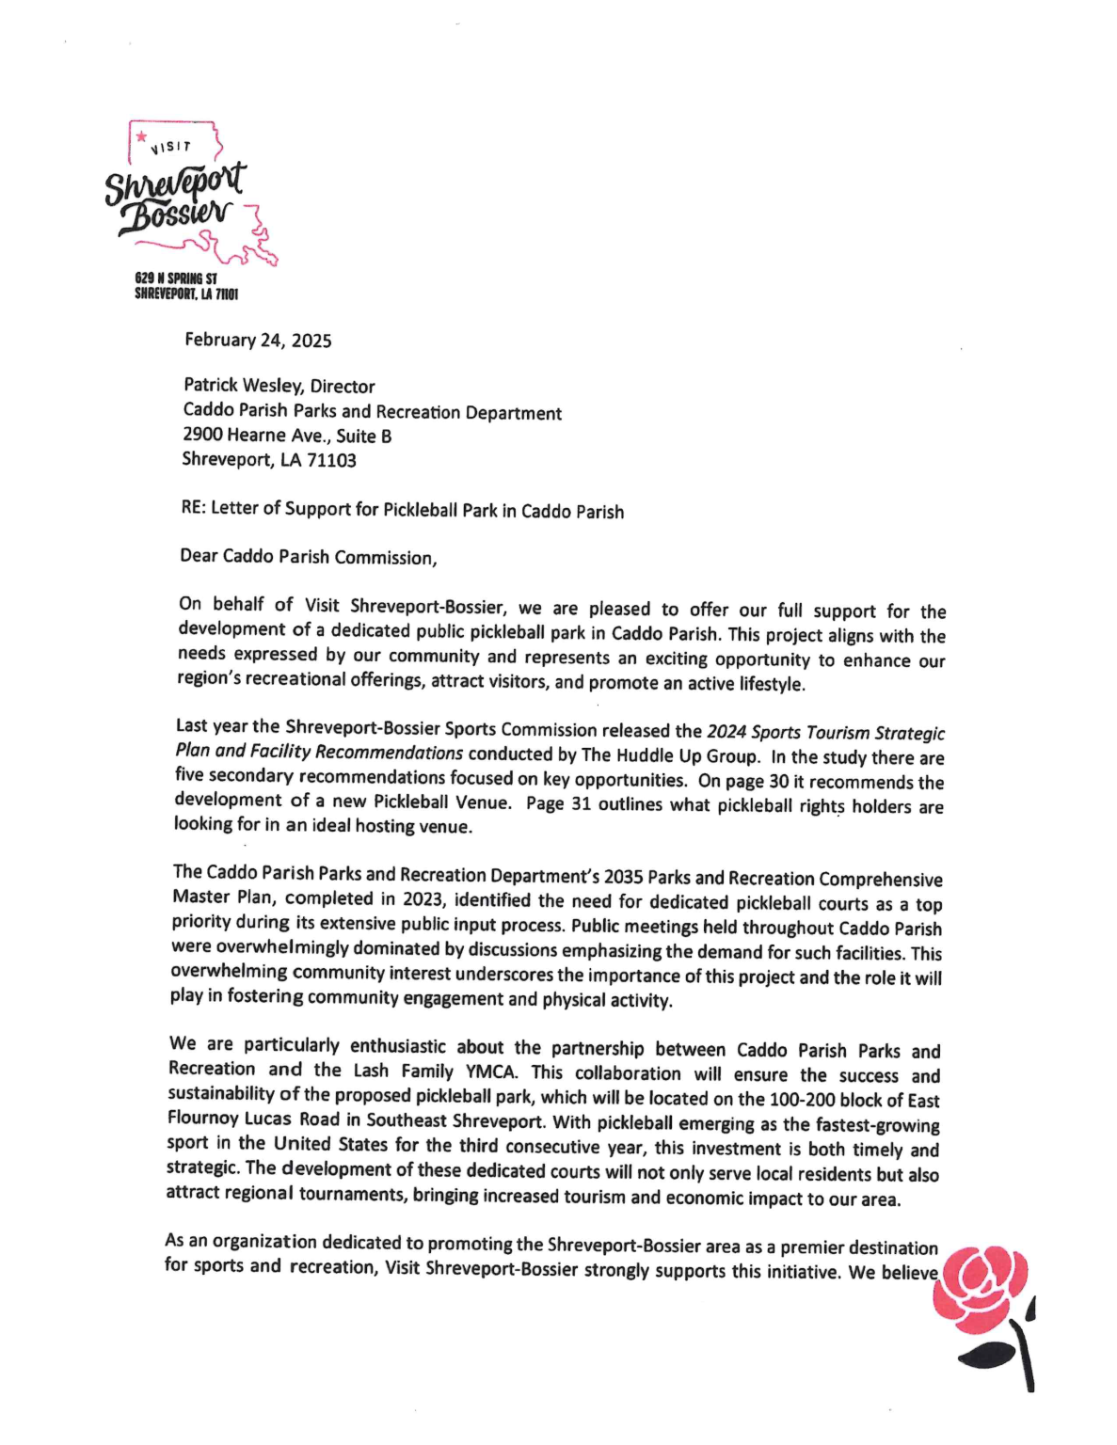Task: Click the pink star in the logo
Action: point(141,137)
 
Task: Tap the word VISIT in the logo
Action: point(171,148)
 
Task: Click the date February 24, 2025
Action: point(258,341)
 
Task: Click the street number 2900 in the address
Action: point(201,435)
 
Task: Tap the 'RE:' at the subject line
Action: point(193,508)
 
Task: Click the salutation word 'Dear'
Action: point(199,555)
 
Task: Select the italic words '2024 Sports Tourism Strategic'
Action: point(825,733)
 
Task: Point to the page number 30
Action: point(779,782)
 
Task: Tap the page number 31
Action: point(581,804)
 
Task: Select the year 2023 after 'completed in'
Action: point(423,899)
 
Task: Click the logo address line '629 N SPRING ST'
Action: point(176,278)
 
